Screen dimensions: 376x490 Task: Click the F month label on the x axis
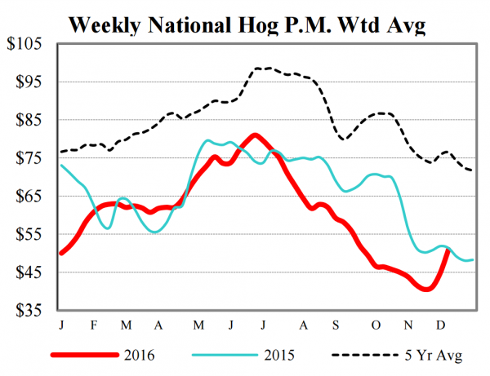pyautogui.click(x=93, y=325)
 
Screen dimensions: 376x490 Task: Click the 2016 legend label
pyautogui.click(x=147, y=355)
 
